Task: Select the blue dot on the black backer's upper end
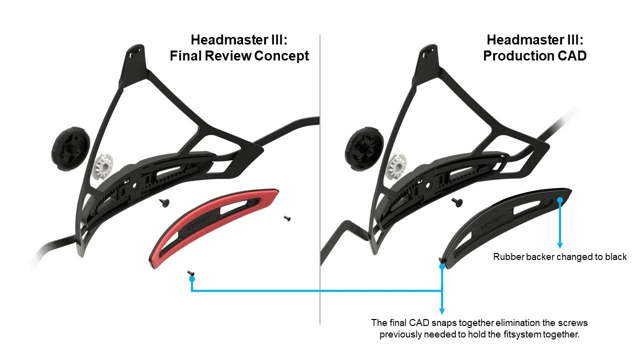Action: [560, 199]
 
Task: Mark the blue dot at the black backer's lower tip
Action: [442, 266]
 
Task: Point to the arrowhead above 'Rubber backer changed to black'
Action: [560, 245]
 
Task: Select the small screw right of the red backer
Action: [287, 218]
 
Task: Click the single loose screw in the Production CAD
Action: [455, 201]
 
